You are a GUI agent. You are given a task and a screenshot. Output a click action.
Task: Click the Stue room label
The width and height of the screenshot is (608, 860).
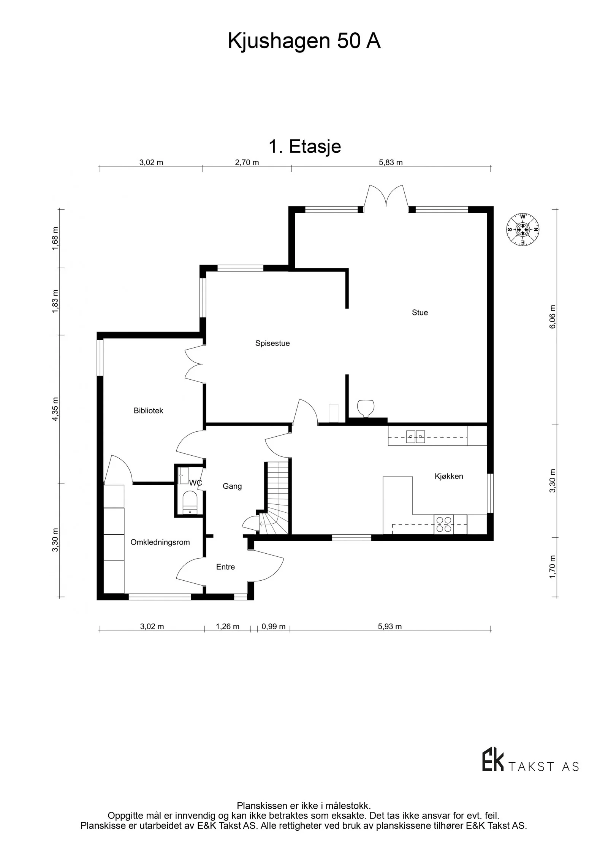coord(420,312)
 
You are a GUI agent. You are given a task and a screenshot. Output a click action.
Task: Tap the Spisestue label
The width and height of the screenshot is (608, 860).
coord(272,343)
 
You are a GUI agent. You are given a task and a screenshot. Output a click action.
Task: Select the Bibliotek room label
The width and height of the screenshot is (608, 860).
coord(148,410)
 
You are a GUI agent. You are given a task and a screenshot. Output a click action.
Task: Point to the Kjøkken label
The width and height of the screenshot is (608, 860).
coord(449,476)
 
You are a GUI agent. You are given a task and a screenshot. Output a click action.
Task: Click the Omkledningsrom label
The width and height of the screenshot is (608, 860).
coord(160,542)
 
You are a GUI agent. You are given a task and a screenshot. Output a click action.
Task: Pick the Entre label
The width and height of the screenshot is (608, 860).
coord(225,567)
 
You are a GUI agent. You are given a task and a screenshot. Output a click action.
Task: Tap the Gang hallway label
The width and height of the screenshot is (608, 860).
coord(232,486)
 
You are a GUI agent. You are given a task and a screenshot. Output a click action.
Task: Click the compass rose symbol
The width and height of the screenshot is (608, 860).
coord(523,229)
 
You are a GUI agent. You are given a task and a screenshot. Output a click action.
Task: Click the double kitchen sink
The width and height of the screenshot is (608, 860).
coord(415,436)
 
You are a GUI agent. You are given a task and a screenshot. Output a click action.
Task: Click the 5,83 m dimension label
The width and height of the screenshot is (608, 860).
coord(391,163)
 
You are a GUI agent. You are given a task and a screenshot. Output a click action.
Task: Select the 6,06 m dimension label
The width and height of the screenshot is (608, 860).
coord(553,317)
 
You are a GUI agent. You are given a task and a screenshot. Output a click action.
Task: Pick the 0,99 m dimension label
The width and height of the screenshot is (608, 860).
coord(273,627)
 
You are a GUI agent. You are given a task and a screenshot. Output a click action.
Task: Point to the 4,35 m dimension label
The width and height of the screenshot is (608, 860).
coord(55,409)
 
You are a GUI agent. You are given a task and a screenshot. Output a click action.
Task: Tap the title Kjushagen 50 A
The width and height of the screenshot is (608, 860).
coord(304,41)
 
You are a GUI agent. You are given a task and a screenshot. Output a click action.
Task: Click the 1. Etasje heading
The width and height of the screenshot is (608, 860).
coord(304,146)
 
